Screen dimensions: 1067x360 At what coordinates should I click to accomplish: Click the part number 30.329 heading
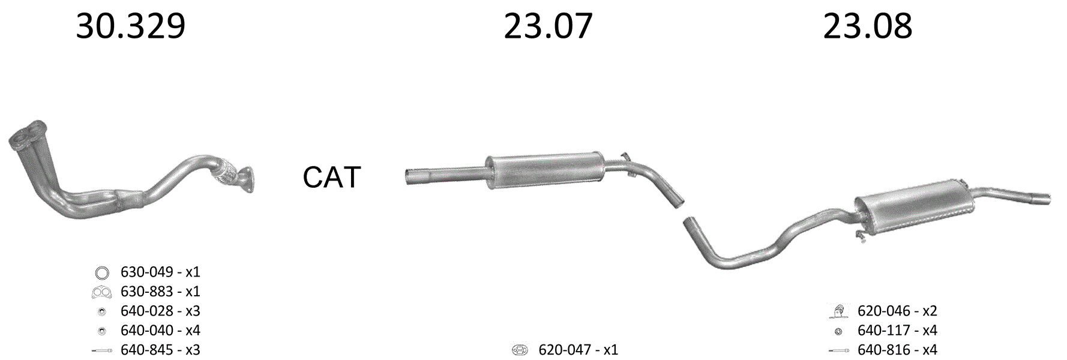(x=131, y=26)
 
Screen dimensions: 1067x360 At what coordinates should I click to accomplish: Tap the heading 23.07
(x=548, y=26)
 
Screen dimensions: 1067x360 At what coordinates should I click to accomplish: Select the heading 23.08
(x=867, y=26)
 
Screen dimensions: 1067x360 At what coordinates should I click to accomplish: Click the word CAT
(x=331, y=177)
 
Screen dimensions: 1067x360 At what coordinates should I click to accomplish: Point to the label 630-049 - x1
(x=160, y=272)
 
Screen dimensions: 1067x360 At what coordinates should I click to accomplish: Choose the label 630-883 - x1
(x=160, y=292)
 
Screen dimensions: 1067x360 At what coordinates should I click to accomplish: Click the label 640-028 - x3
(x=160, y=311)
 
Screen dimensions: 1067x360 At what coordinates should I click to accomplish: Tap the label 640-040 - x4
(x=160, y=330)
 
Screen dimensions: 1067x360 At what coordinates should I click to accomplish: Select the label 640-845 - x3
(x=160, y=350)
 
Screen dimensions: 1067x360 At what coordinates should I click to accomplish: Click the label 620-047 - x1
(x=578, y=350)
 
